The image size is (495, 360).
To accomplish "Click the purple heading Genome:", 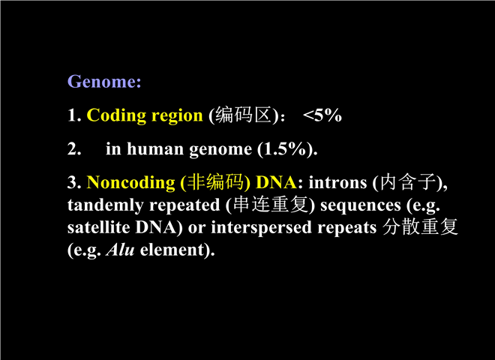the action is point(104,82).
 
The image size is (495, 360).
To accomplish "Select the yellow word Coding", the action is point(116,115).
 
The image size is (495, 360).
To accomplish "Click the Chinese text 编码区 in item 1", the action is point(244,115).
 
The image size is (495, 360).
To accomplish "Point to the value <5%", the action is point(322,115).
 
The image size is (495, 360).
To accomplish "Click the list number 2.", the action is point(74,149).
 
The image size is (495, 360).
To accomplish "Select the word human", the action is point(155,148).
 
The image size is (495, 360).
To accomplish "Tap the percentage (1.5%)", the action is point(287,149).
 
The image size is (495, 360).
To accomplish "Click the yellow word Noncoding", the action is point(130,183).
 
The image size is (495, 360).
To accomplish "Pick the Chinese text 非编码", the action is point(215,182).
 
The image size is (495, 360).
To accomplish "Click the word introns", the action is point(337,183).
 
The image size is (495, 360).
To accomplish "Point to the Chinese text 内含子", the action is point(407,182).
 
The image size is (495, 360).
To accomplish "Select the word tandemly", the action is point(106,205).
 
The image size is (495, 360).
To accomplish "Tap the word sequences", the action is point(361,206).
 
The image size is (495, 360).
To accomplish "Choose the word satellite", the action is point(98,227).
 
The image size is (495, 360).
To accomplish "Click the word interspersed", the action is point(262,228).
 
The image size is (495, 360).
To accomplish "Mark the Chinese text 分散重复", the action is point(420,226).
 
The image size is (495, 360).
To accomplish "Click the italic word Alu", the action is point(120,250).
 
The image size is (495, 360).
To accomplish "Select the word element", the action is point(172,250).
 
